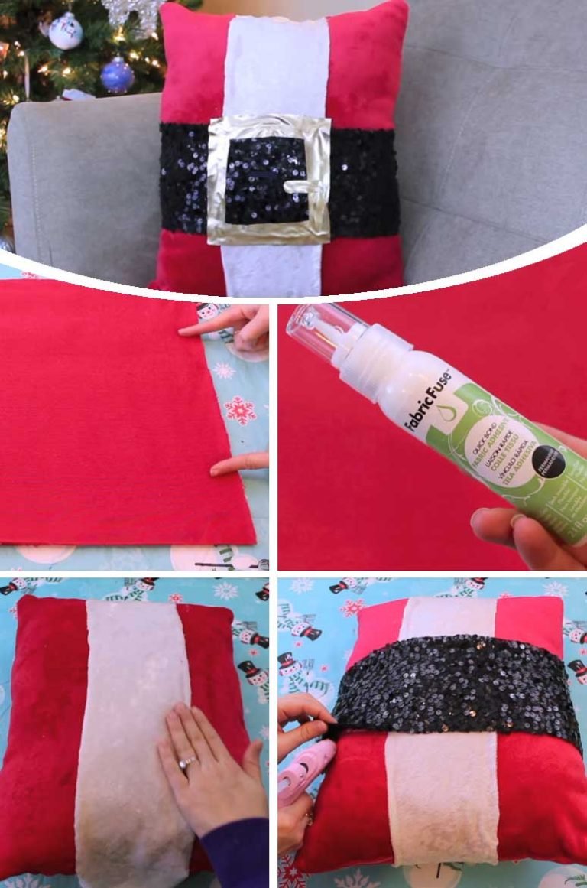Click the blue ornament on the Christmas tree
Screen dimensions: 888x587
coord(117,75)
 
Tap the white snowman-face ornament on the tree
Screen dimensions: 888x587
coord(65,31)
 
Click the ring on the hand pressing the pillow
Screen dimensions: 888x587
coord(186,763)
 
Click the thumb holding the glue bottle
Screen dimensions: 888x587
coord(497,523)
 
